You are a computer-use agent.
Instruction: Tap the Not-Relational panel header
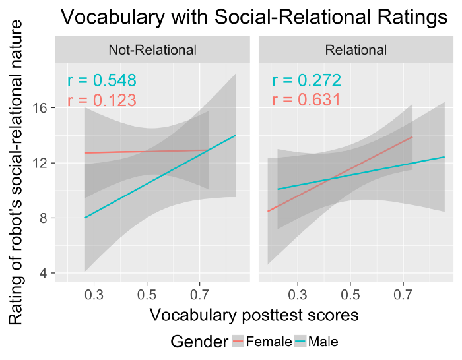(152, 49)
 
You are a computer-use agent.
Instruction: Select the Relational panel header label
(356, 49)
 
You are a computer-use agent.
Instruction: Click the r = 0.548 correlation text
(102, 81)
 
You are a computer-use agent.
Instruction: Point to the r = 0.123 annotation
(102, 100)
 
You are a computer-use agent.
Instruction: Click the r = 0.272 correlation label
(306, 81)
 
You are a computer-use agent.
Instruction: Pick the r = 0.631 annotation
(306, 100)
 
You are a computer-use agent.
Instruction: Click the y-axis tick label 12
(40, 163)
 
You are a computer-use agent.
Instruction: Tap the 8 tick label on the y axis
(44, 218)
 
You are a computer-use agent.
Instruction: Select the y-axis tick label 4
(44, 273)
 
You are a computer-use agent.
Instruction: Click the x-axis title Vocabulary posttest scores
(254, 315)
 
